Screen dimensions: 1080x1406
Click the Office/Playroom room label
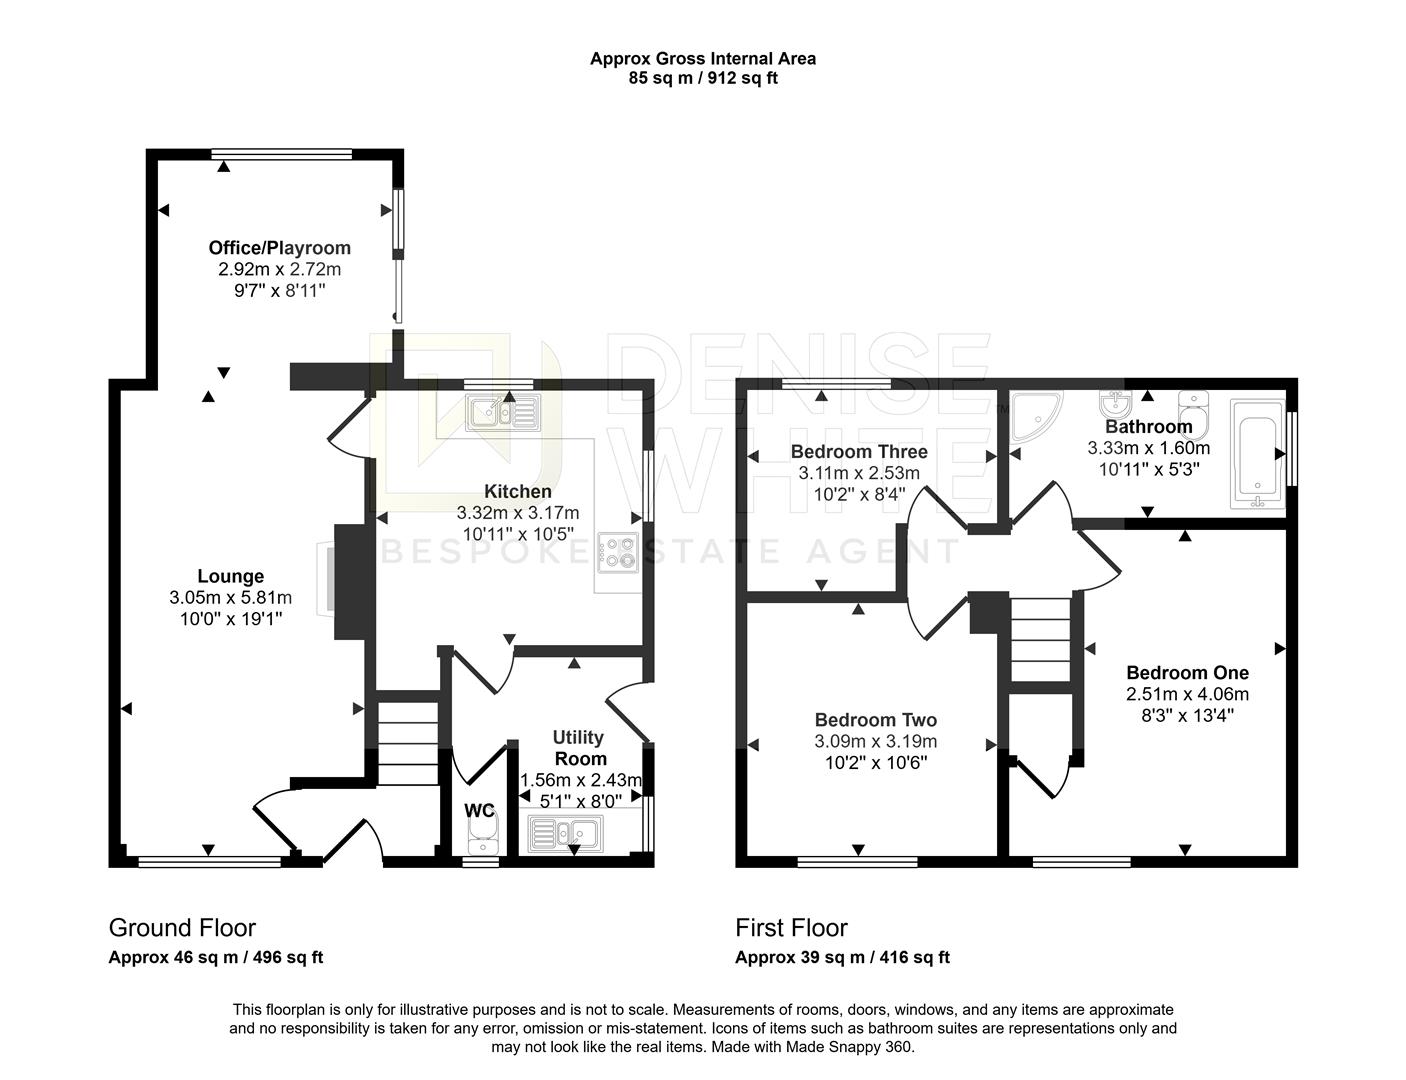[x=279, y=248]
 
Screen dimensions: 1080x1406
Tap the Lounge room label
[x=230, y=576]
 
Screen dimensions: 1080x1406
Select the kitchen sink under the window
[x=503, y=412]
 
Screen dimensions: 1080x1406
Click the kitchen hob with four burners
[x=617, y=553]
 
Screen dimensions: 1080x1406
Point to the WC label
[x=479, y=811]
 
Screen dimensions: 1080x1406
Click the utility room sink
[x=563, y=833]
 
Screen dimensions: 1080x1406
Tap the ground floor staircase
[x=408, y=745]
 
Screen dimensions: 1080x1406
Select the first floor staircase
[x=1040, y=637]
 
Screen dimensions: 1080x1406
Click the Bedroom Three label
[x=858, y=451]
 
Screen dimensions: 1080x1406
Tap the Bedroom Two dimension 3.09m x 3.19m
[x=875, y=742]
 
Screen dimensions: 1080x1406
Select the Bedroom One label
[x=1187, y=673]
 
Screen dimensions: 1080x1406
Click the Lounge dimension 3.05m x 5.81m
[x=230, y=598]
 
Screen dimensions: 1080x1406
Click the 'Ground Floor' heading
[x=181, y=928]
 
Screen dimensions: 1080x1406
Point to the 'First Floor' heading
[x=791, y=928]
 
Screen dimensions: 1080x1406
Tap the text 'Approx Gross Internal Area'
[x=702, y=58]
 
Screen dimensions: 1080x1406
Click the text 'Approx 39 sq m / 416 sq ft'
[x=842, y=958]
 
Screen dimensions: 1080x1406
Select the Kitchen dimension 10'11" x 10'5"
[x=517, y=534]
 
